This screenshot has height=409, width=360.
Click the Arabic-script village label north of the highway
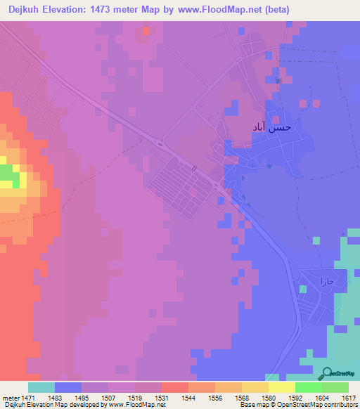(x=271, y=127)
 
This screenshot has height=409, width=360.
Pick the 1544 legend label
(x=188, y=398)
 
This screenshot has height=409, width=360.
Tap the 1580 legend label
(x=268, y=398)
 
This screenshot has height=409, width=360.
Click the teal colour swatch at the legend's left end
(x=41, y=387)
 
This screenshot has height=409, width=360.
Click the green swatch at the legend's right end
(x=335, y=387)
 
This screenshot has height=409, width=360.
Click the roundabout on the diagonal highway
(x=162, y=143)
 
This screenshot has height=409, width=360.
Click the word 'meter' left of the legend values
(x=8, y=398)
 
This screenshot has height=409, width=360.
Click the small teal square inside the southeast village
(x=303, y=289)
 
